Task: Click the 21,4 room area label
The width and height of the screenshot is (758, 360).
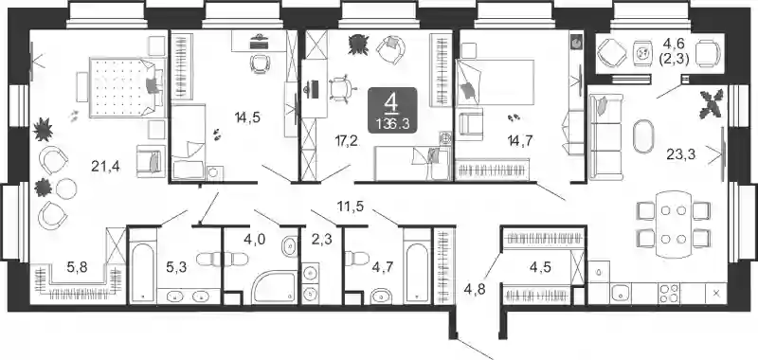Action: click(x=105, y=167)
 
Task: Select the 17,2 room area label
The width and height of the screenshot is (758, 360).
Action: click(x=347, y=141)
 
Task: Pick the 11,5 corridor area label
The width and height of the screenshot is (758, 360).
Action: click(x=351, y=207)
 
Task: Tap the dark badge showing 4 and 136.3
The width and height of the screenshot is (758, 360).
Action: click(x=392, y=110)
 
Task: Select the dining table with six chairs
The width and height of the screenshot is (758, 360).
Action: click(x=674, y=225)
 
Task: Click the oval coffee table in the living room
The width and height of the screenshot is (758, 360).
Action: click(x=643, y=136)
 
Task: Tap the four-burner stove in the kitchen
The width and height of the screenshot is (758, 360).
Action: click(x=668, y=294)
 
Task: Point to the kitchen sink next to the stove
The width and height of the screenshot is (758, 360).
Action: click(x=621, y=294)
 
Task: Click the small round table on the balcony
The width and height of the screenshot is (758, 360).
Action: click(x=643, y=53)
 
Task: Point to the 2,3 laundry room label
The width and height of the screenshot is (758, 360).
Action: click(x=321, y=239)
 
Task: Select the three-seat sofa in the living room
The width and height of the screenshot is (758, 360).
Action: click(x=605, y=137)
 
